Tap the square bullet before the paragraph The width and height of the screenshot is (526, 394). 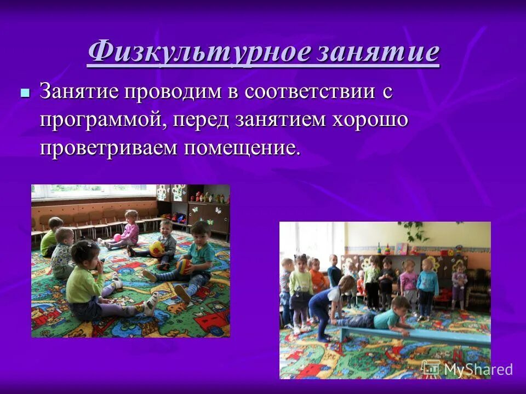click(x=24, y=92)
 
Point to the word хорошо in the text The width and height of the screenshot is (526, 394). click(x=368, y=120)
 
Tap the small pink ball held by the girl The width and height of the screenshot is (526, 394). click(x=117, y=237)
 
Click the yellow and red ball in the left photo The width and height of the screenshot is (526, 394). click(x=157, y=248)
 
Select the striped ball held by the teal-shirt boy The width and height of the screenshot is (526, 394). click(x=184, y=266)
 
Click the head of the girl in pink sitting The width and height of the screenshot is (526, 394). click(x=130, y=217)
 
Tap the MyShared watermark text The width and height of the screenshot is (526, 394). click(x=478, y=369)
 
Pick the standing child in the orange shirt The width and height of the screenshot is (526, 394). click(x=316, y=276)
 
